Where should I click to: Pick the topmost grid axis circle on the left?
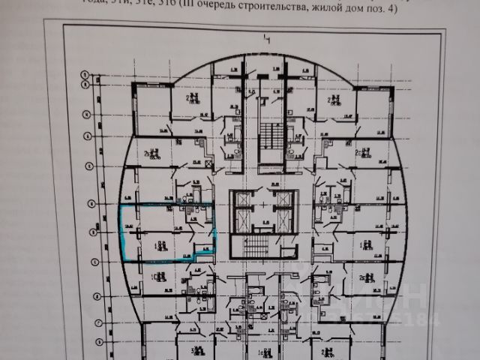click(85, 73)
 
